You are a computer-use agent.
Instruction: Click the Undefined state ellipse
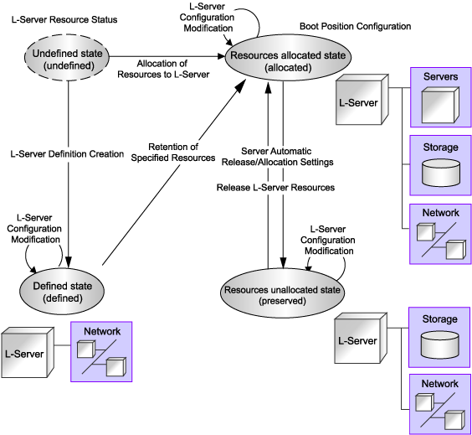pyautogui.click(x=66, y=57)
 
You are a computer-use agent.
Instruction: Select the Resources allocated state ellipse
pyautogui.click(x=288, y=57)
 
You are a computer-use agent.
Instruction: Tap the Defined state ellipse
pyautogui.click(x=62, y=291)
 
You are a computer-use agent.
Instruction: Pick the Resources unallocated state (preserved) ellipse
pyautogui.click(x=282, y=293)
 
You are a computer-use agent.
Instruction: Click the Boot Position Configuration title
pyautogui.click(x=355, y=26)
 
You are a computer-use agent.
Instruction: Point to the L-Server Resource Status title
pyautogui.click(x=64, y=19)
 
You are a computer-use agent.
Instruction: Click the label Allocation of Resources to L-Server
pyautogui.click(x=163, y=69)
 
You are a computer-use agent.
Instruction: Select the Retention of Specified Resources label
pyautogui.click(x=173, y=153)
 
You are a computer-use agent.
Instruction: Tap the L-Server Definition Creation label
pyautogui.click(x=67, y=154)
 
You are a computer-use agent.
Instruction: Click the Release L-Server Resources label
pyautogui.click(x=275, y=188)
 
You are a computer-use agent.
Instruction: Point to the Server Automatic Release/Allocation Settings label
pyautogui.click(x=277, y=157)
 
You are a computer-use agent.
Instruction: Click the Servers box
pyautogui.click(x=441, y=97)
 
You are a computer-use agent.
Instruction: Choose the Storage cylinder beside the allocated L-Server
pyautogui.click(x=441, y=173)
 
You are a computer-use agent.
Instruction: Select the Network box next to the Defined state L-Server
pyautogui.click(x=101, y=352)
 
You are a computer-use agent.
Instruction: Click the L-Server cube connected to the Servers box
pyautogui.click(x=362, y=100)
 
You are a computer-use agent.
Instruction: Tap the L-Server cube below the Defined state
pyautogui.click(x=28, y=352)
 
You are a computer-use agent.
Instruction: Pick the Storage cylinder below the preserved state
pyautogui.click(x=440, y=344)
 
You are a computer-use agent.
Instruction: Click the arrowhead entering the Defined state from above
pyautogui.click(x=69, y=262)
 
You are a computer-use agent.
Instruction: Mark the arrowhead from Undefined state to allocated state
pyautogui.click(x=221, y=56)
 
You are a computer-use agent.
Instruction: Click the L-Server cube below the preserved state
pyautogui.click(x=361, y=338)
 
